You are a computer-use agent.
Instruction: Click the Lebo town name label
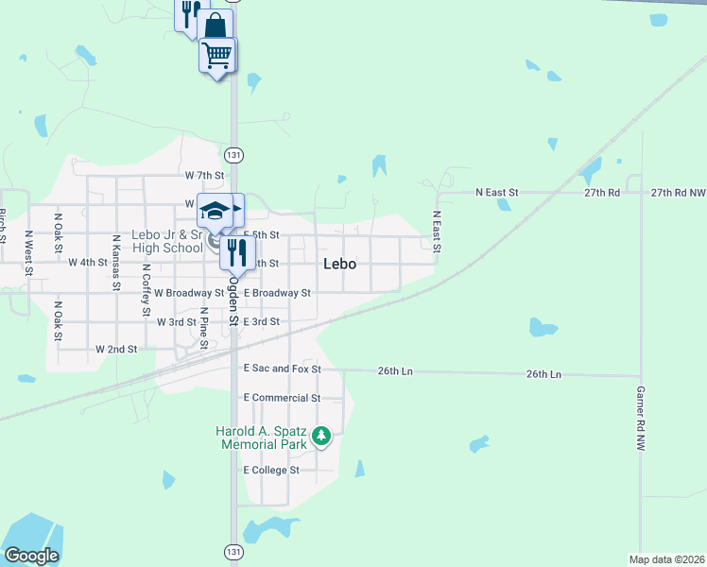click(x=339, y=264)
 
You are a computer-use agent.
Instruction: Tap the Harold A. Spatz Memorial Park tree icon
click(x=322, y=436)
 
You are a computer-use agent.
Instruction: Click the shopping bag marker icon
click(x=215, y=25)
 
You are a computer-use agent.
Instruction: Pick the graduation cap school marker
click(x=215, y=209)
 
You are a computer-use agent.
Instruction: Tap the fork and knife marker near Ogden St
click(x=237, y=252)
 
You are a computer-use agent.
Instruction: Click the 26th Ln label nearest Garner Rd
click(x=543, y=374)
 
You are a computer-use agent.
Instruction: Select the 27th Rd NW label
click(x=678, y=192)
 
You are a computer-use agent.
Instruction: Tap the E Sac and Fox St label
click(x=283, y=369)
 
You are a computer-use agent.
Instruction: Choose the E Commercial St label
click(x=282, y=398)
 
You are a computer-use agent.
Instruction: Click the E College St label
click(x=271, y=470)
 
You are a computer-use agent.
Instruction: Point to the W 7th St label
click(x=205, y=176)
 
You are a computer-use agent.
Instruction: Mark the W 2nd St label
click(x=116, y=349)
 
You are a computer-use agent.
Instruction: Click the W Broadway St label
click(x=189, y=293)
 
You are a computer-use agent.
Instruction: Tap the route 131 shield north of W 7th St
click(x=233, y=154)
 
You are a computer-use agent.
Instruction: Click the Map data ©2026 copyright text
click(x=666, y=559)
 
